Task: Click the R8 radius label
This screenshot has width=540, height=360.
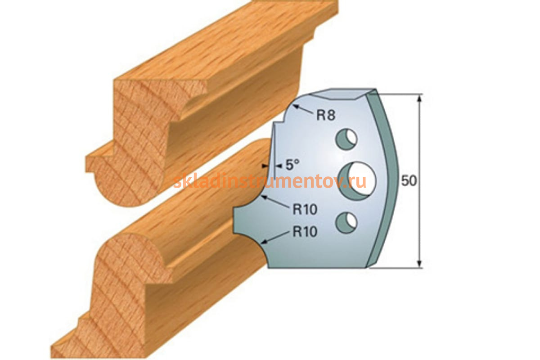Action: tap(326, 115)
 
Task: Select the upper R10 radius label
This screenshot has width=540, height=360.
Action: tap(305, 209)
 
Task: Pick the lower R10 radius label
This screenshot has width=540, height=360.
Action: tap(305, 231)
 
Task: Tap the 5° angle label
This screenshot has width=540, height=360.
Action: tap(292, 165)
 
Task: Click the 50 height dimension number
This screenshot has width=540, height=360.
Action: tap(409, 180)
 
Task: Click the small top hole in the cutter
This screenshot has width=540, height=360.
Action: tap(346, 139)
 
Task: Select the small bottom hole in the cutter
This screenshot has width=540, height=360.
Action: tap(346, 223)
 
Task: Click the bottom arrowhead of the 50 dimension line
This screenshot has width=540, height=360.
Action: tap(419, 263)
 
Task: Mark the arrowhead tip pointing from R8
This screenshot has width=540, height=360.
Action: tap(293, 105)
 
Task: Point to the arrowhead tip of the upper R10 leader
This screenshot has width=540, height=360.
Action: tap(261, 196)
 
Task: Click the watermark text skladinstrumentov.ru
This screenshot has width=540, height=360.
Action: tap(270, 181)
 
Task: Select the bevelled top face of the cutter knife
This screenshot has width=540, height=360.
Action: tap(342, 94)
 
